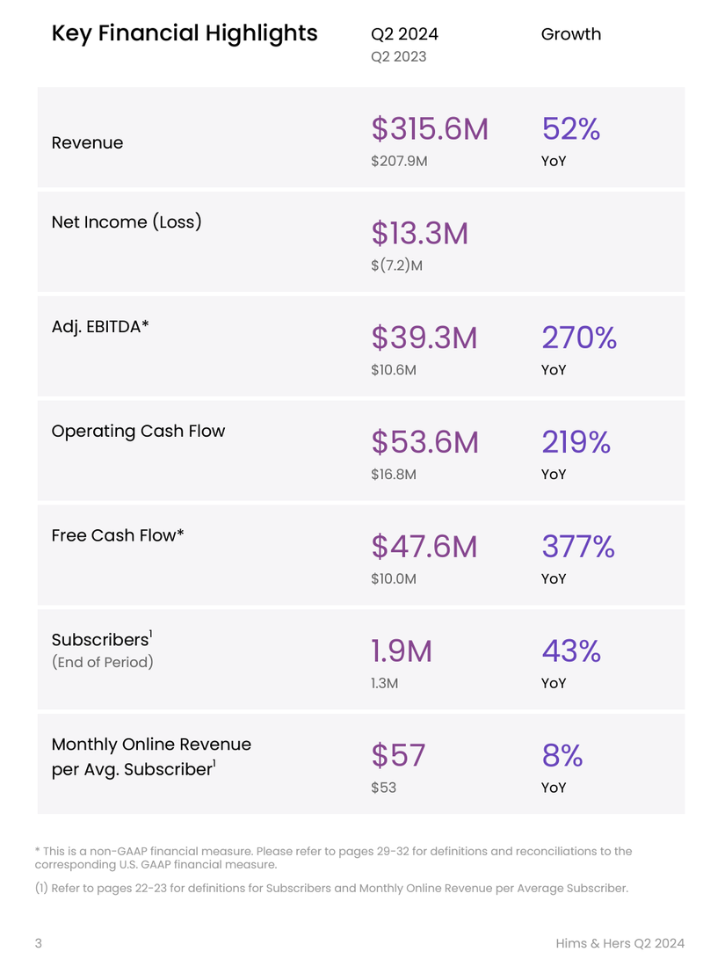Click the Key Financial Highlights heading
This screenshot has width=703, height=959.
click(x=185, y=34)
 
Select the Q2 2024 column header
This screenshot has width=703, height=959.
click(x=404, y=34)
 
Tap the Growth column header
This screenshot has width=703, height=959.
click(x=571, y=34)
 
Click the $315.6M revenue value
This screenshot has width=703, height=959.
click(x=429, y=129)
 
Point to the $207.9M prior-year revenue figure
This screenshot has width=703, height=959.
click(x=399, y=161)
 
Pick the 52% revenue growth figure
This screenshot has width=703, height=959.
click(x=571, y=129)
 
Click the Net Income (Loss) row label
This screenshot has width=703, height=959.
click(x=127, y=222)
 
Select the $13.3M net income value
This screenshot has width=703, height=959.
click(x=419, y=233)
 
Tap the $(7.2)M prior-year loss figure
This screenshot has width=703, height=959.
click(x=396, y=265)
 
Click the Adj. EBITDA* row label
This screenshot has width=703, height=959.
click(x=100, y=326)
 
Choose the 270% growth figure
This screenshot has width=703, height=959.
click(x=579, y=338)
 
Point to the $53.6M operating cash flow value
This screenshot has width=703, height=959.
click(x=424, y=442)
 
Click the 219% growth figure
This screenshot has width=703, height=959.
click(x=576, y=442)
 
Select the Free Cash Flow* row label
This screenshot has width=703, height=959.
click(x=118, y=534)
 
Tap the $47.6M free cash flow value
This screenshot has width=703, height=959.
click(x=424, y=547)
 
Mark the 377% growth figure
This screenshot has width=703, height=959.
click(x=578, y=547)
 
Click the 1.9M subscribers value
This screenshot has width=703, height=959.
click(x=402, y=651)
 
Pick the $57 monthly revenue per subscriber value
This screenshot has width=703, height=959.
click(x=398, y=755)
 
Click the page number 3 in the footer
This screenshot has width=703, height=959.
click(x=39, y=943)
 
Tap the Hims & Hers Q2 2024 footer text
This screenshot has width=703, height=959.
click(x=620, y=943)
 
